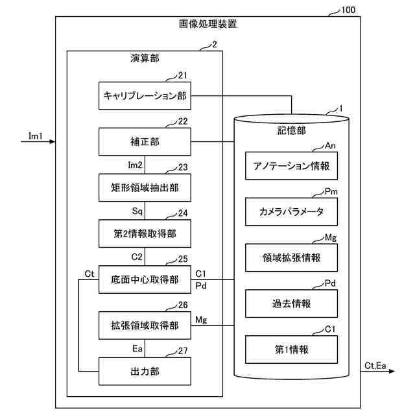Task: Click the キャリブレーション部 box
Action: [x=145, y=95]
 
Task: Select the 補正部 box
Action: [x=145, y=141]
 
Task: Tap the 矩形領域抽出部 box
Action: [x=145, y=187]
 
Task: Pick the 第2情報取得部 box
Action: [x=145, y=233]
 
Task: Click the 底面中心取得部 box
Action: [x=145, y=279]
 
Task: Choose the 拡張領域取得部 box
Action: [x=145, y=326]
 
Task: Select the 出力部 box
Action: [x=145, y=372]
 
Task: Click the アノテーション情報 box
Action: [x=291, y=166]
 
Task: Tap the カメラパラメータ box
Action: [x=291, y=212]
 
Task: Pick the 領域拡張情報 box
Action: [x=291, y=257]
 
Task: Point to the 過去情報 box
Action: [x=291, y=303]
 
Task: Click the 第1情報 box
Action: [x=291, y=350]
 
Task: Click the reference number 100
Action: [x=348, y=10]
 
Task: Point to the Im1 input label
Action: [x=36, y=136]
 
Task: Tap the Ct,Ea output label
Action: [x=375, y=366]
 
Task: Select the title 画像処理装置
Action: [x=207, y=24]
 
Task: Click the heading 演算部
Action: [x=145, y=58]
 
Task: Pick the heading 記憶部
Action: [x=291, y=130]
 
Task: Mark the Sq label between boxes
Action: [x=137, y=211]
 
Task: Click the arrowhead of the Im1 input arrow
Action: [x=53, y=141]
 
